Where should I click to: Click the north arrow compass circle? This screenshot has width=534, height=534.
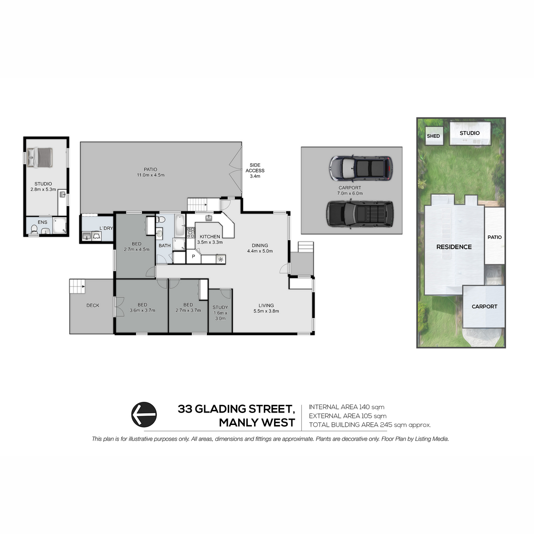[x=144, y=415]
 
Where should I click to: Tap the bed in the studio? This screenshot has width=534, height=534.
[x=40, y=157]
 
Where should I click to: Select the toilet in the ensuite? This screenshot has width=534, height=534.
[x=34, y=229]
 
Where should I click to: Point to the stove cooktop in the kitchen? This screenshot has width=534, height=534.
[x=190, y=232]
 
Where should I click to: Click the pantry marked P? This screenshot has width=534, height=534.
[x=194, y=256]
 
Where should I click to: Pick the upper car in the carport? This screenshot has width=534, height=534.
[x=361, y=168]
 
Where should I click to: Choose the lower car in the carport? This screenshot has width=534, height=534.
[x=360, y=214]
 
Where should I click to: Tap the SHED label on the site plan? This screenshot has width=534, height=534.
[x=433, y=136]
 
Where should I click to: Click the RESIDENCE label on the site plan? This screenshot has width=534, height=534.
[x=454, y=247]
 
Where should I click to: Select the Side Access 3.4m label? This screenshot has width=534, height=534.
[x=255, y=170]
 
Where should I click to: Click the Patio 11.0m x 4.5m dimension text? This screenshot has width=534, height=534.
[x=150, y=175]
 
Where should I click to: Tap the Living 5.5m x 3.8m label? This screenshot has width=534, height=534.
[x=266, y=308]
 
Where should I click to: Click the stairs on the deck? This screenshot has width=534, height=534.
[x=77, y=287]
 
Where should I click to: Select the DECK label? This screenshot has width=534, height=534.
[x=93, y=305]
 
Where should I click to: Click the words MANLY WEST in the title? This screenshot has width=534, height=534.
[x=257, y=423]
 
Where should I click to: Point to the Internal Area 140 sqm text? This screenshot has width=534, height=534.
[x=347, y=407]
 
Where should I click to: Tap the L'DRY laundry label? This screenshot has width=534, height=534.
[x=106, y=228]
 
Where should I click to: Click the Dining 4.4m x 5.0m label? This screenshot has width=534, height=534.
[x=260, y=248]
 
